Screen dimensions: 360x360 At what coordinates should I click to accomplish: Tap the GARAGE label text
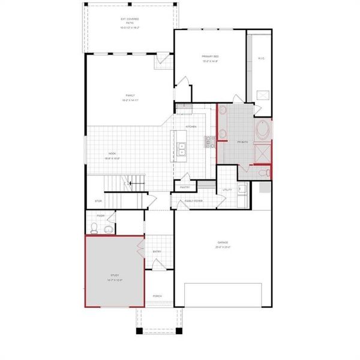coord(223,244)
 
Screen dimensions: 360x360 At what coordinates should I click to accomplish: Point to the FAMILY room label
coord(130,97)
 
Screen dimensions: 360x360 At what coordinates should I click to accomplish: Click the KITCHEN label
coord(191,127)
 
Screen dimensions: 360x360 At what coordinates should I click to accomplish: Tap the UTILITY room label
coord(227,190)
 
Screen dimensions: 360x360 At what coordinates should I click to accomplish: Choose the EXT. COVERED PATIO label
coord(130,23)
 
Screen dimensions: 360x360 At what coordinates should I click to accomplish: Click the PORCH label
coord(157,296)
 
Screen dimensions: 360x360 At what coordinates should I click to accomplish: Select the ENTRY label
coord(157,251)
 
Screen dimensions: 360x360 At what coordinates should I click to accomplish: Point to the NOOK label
coord(112,155)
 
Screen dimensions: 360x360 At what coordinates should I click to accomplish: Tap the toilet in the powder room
coord(94,228)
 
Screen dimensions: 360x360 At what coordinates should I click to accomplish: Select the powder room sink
coord(109,229)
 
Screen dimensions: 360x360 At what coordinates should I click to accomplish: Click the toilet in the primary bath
coord(263,173)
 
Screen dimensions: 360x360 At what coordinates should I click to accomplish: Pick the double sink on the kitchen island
coord(182,148)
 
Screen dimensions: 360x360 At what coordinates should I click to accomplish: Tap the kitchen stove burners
coord(210,142)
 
